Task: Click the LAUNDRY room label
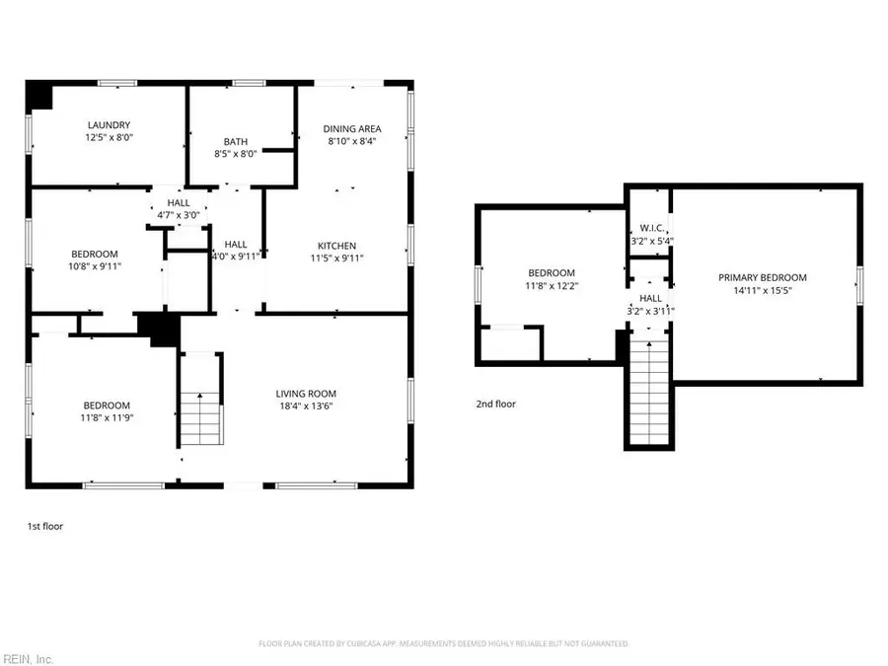(109, 125)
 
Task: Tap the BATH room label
(235, 141)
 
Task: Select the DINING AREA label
(352, 128)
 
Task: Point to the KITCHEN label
(336, 246)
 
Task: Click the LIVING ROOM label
(306, 394)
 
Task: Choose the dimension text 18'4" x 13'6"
(306, 407)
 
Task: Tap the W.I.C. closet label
(651, 227)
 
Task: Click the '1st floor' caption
(44, 527)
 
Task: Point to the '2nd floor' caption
(495, 404)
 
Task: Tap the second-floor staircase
(649, 390)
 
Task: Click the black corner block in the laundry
(39, 96)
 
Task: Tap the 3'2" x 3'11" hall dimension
(651, 311)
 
